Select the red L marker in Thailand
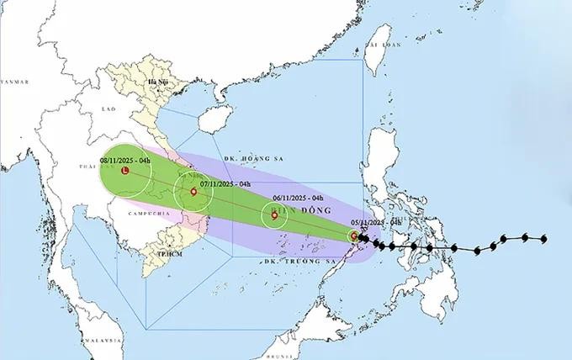[125, 172]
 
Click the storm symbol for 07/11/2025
[194, 192]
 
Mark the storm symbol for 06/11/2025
[274, 216]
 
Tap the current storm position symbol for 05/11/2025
[355, 236]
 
